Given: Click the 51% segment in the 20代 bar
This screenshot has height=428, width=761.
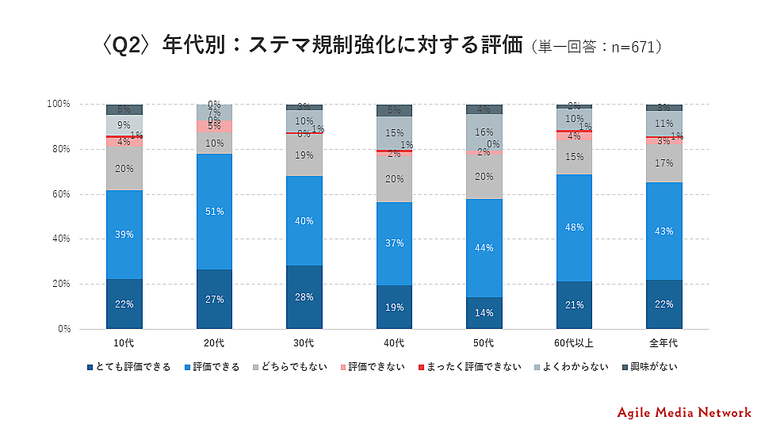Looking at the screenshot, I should pos(215,212).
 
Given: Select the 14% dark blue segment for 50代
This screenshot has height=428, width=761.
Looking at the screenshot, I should pos(484,313).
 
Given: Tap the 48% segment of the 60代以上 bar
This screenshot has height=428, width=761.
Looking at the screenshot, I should pos(574,227).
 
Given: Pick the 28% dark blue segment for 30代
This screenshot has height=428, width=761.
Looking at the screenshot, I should pos(304,297).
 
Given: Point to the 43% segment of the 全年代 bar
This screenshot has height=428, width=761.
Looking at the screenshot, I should pos(663,231).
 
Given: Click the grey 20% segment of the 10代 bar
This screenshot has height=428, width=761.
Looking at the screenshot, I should pos(124,168).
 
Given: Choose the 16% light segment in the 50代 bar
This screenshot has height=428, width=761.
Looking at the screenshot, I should pos(484,132).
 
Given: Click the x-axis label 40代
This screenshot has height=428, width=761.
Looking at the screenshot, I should pos(394,342).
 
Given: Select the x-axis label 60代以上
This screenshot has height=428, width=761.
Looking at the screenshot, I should pos(574,342).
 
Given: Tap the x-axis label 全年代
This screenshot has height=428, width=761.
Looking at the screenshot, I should pos(663,342).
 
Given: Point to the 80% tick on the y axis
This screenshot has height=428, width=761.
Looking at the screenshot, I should pos(59,149).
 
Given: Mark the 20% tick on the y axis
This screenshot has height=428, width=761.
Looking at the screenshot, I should pos(59,284).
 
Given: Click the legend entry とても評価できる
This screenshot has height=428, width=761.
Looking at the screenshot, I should pos(131,367).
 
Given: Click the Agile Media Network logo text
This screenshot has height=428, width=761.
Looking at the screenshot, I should pos(684,412).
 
